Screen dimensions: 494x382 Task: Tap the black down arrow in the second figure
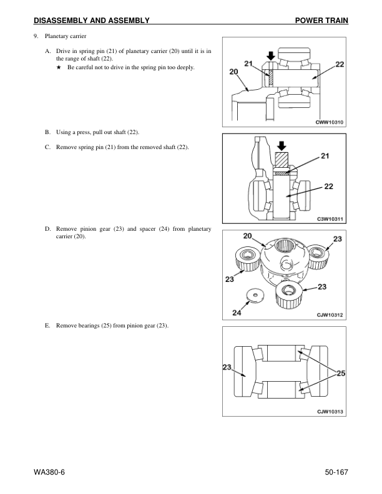pyautogui.click(x=280, y=144)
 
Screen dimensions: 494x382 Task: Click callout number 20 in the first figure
pyautogui.click(x=234, y=72)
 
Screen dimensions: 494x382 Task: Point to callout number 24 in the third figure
pyautogui.click(x=238, y=313)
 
